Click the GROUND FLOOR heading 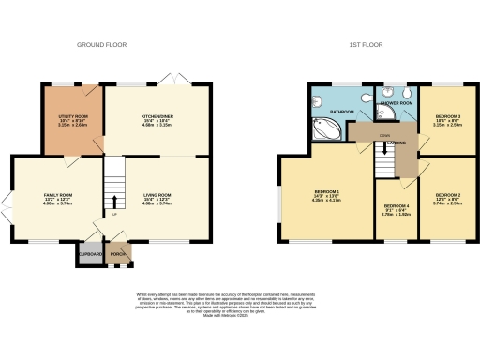click(102, 44)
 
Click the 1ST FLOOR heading click(363, 44)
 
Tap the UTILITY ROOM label click(72, 116)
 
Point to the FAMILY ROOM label click(58, 195)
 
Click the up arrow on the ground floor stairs click(114, 202)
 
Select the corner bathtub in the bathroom click(328, 128)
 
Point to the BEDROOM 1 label click(327, 193)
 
